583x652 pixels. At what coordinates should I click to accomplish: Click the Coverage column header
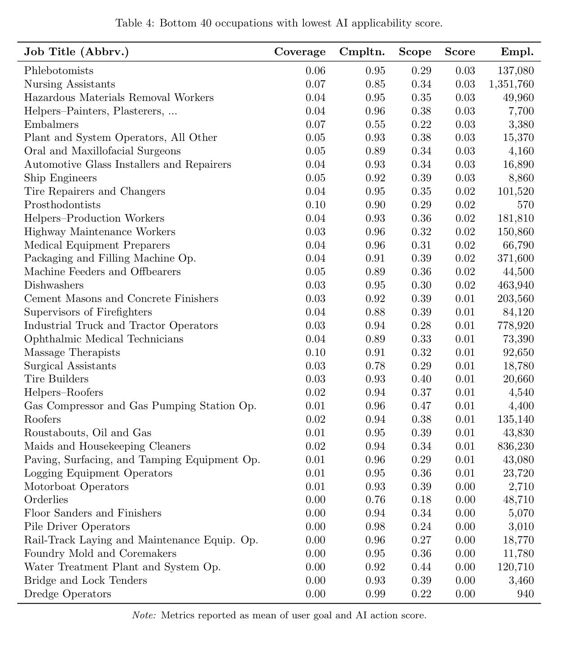click(x=300, y=52)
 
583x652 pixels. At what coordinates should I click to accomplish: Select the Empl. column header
click(x=517, y=52)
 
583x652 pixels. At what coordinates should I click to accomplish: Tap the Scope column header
click(x=415, y=52)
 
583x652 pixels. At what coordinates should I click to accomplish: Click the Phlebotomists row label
click(x=59, y=71)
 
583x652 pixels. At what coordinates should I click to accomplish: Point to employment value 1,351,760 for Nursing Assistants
click(x=511, y=84)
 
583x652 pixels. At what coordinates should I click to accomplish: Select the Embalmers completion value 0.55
click(x=375, y=124)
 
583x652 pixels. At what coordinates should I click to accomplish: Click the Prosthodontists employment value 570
click(x=525, y=205)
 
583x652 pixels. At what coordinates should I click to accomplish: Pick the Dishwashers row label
click(x=54, y=285)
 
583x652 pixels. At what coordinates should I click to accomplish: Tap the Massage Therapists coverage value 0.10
click(x=315, y=352)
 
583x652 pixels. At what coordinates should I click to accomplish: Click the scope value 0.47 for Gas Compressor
click(x=421, y=406)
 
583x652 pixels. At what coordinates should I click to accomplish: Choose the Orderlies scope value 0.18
click(x=421, y=500)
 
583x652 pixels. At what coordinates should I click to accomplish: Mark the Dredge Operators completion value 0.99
click(x=375, y=594)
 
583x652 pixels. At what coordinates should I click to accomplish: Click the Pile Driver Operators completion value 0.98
click(x=375, y=527)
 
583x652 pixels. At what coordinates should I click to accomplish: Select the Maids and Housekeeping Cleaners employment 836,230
click(x=516, y=446)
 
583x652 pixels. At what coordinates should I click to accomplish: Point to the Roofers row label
click(x=43, y=420)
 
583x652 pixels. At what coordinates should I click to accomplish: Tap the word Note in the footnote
click(x=143, y=615)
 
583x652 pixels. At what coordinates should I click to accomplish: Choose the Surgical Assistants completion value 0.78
click(x=375, y=366)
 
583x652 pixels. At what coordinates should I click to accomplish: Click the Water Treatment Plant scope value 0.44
click(x=421, y=567)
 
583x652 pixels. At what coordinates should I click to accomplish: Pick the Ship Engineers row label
click(x=61, y=178)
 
